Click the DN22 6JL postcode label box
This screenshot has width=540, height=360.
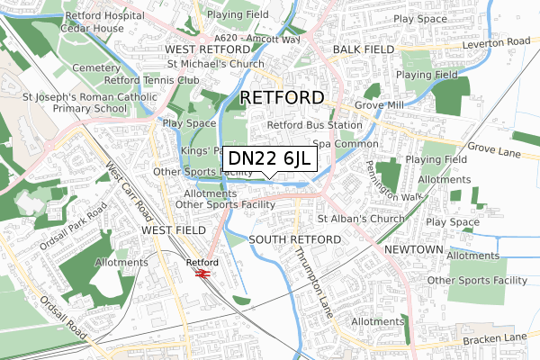tap(269, 158)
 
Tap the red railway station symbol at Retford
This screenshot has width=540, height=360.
tap(202, 273)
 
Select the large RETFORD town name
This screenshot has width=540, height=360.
tap(282, 96)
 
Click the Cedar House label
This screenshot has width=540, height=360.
tap(93, 29)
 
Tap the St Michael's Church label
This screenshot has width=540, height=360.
tap(216, 65)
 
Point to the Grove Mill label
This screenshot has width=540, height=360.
tap(378, 105)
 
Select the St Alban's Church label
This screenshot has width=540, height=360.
tap(363, 219)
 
